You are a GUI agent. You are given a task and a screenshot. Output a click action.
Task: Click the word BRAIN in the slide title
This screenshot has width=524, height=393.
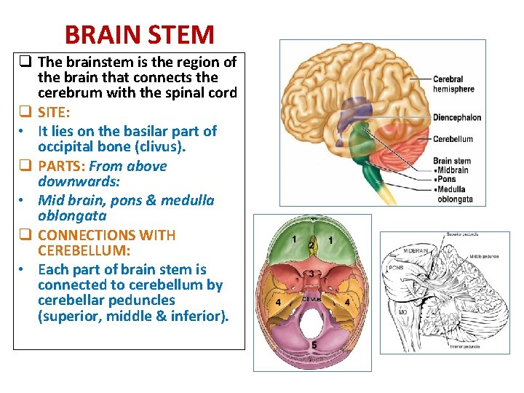point(100,34)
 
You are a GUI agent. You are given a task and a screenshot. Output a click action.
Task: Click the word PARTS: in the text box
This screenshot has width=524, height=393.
point(61,166)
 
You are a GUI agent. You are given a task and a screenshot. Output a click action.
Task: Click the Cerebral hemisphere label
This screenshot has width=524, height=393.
point(453,84)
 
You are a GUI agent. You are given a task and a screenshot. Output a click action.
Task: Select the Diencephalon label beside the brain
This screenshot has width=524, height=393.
point(456,117)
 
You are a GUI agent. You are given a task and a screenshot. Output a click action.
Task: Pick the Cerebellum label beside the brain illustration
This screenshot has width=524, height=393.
point(453,139)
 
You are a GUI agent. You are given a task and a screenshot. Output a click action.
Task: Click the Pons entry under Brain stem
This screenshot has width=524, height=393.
point(446,180)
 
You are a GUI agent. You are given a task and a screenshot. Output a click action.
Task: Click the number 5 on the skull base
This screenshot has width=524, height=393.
point(314,345)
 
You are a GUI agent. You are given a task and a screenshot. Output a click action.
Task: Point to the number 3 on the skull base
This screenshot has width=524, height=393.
point(311,273)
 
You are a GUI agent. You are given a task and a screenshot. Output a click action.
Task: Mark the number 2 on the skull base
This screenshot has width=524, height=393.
point(311,246)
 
